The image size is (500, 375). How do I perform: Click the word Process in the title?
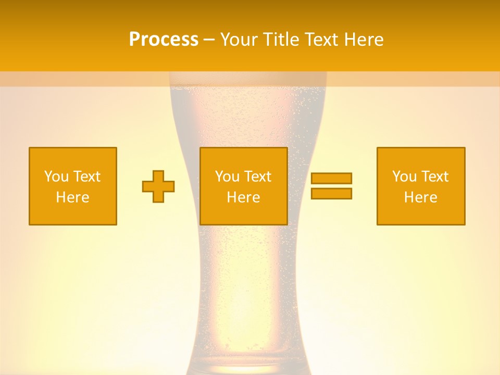tap(164, 40)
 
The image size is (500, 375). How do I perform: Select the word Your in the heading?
tap(239, 40)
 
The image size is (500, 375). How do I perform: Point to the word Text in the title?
tap(319, 40)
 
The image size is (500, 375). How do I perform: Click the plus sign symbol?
tap(158, 186)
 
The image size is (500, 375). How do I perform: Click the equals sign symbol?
tap(331, 186)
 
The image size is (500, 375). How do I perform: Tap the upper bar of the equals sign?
tap(331, 178)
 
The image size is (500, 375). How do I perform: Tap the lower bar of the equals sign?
tap(331, 193)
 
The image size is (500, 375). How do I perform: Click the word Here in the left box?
tap(72, 197)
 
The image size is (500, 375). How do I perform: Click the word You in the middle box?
tap(227, 177)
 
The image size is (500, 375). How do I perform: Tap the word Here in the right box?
tap(420, 197)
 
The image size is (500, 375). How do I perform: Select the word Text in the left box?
tap(87, 177)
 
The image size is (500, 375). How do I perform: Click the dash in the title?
tap(209, 40)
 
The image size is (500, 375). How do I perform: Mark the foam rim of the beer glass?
tap(248, 79)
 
